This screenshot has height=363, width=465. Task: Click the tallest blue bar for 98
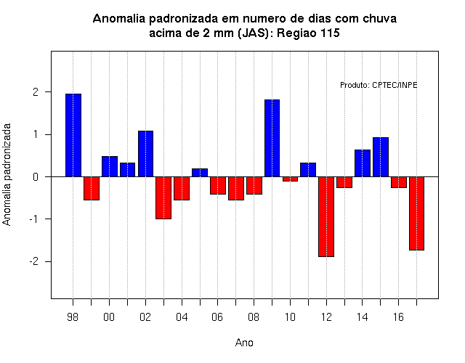pos(73,135)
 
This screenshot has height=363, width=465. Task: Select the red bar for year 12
pos(326,216)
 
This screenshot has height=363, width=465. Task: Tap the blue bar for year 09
pos(272,138)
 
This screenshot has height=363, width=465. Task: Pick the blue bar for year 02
pos(145,154)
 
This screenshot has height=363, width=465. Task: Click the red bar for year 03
pos(163,198)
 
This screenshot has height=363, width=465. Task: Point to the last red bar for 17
pos(416,213)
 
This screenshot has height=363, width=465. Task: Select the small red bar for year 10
pos(290,179)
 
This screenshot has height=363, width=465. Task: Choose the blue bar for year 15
pos(381,157)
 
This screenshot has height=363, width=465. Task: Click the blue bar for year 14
pos(363,163)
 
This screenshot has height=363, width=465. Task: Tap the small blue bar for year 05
pos(200,173)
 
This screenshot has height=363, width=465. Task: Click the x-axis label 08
pos(254,317)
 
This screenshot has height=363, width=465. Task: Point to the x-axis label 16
pos(398,317)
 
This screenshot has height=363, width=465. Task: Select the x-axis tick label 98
pos(73,317)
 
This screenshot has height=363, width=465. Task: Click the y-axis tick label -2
pos(34,261)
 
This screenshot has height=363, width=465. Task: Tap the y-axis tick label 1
pos(36,134)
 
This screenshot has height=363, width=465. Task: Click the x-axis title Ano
pos(244,343)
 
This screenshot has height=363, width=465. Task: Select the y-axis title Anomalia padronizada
pos(7,175)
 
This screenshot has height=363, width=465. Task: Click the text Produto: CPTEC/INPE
pos(379,86)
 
